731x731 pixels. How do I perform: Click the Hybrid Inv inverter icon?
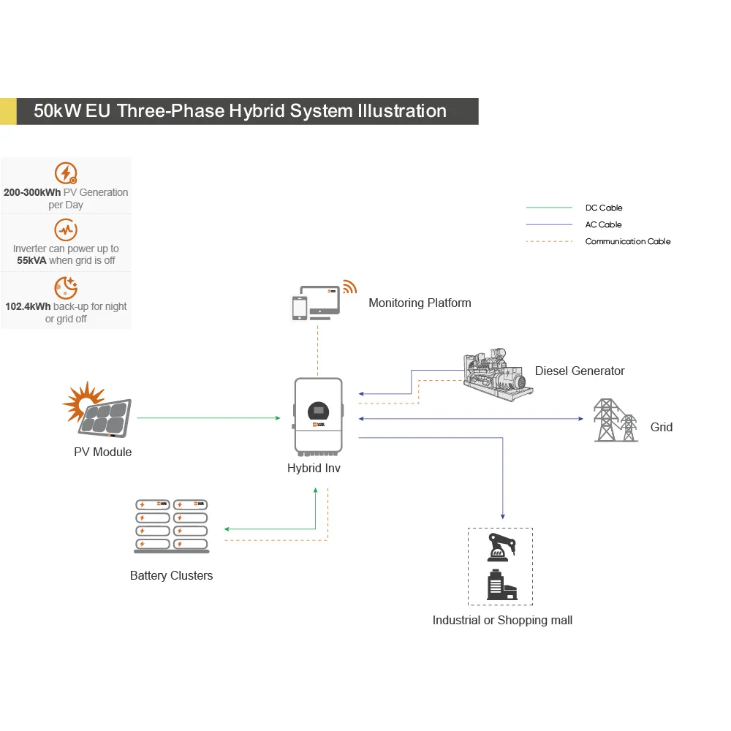tap(318, 417)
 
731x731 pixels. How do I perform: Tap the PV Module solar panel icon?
tap(97, 410)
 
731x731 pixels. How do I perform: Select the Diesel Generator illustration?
tap(498, 375)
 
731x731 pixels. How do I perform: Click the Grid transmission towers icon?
tap(616, 420)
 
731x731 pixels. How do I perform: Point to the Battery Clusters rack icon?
tap(172, 526)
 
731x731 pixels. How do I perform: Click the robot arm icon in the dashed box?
tap(501, 548)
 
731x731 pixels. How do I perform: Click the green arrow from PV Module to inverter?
tap(208, 418)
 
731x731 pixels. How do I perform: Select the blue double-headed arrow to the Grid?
tap(471, 419)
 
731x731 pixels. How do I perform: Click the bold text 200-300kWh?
tap(32, 192)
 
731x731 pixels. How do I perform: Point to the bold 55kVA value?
tap(31, 261)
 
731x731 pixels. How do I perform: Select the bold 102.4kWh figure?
tap(28, 306)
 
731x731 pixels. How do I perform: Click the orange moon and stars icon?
tap(66, 287)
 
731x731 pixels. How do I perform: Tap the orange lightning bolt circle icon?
tap(66, 173)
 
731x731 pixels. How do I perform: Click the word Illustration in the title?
tap(402, 111)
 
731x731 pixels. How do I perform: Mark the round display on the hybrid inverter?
tap(319, 412)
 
